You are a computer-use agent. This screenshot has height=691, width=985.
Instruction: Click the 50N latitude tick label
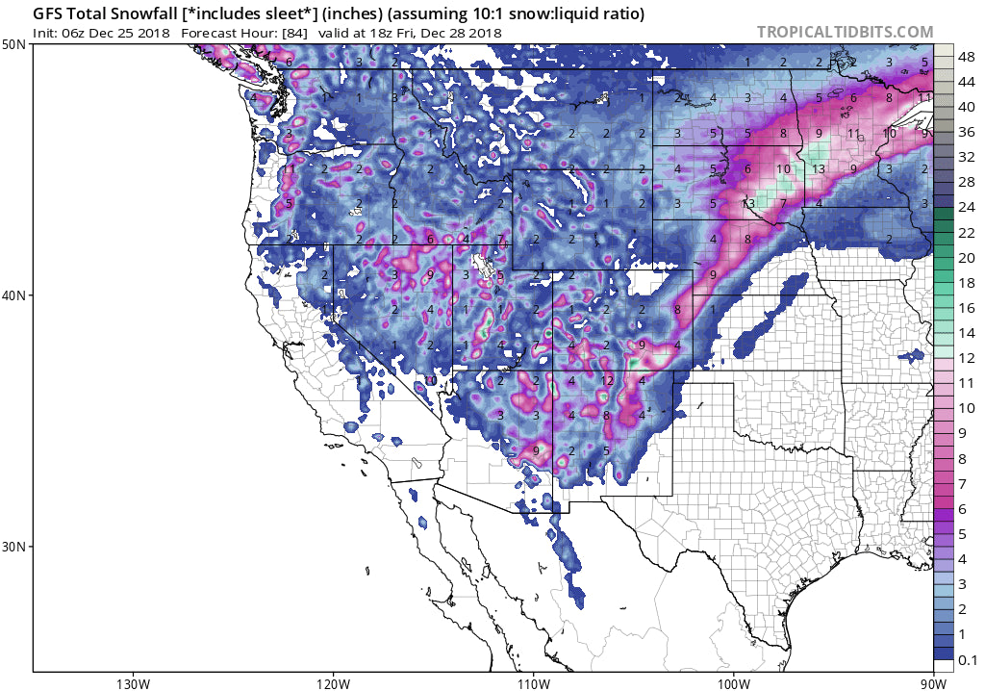14,45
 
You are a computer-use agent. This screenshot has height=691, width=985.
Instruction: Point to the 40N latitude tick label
14,295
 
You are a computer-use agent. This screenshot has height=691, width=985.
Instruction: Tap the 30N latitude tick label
14,546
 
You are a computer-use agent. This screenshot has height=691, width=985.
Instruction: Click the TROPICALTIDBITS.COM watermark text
845,32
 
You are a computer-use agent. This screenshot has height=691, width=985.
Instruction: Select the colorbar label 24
967,208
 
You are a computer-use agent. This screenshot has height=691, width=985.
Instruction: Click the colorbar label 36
967,133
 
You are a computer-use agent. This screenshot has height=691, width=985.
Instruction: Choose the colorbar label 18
967,283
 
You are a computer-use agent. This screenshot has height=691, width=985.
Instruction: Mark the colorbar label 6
967,508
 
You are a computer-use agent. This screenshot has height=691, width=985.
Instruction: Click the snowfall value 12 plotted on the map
607,381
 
